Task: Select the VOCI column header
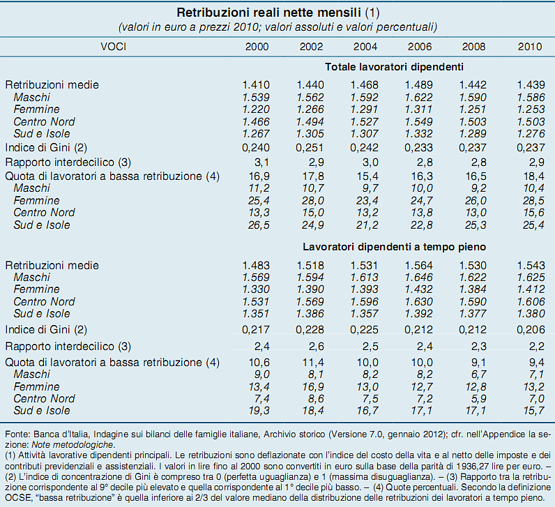click(114, 46)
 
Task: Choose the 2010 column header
click(530, 46)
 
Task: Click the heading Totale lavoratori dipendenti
click(394, 67)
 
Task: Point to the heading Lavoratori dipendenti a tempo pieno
click(394, 248)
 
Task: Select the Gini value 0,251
click(310, 148)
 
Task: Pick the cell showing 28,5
click(530, 200)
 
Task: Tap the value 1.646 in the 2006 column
click(420, 278)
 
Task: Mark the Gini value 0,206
click(530, 328)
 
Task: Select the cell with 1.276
click(530, 134)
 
